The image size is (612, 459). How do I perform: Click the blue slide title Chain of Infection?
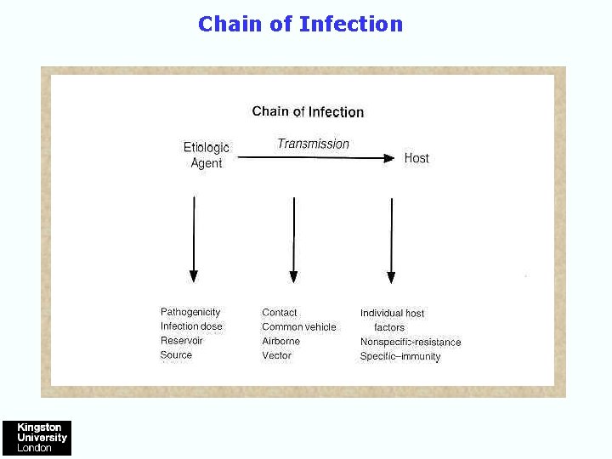300,24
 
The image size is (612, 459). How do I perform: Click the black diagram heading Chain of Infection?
308,111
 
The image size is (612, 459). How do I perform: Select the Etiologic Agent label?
206,155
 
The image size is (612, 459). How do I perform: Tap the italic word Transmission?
313,144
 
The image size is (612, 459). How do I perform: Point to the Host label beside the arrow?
416,158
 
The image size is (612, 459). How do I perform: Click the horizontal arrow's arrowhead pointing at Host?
389,158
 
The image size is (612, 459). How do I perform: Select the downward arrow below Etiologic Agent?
194,239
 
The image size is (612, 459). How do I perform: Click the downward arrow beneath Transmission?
293,239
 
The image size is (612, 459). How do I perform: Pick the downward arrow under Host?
391,239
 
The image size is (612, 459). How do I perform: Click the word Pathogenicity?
190,312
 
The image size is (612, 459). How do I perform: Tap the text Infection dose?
191,326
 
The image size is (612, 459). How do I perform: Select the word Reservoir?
182,341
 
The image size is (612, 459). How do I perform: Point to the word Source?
176,355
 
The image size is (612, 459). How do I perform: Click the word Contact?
280,313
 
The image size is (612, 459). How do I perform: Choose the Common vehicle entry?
299,327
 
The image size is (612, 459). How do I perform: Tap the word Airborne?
281,341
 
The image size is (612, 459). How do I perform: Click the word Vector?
277,355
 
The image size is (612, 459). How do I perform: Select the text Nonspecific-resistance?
411,343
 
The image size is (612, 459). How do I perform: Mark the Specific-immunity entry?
400,357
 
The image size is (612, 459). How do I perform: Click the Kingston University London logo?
37,438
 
